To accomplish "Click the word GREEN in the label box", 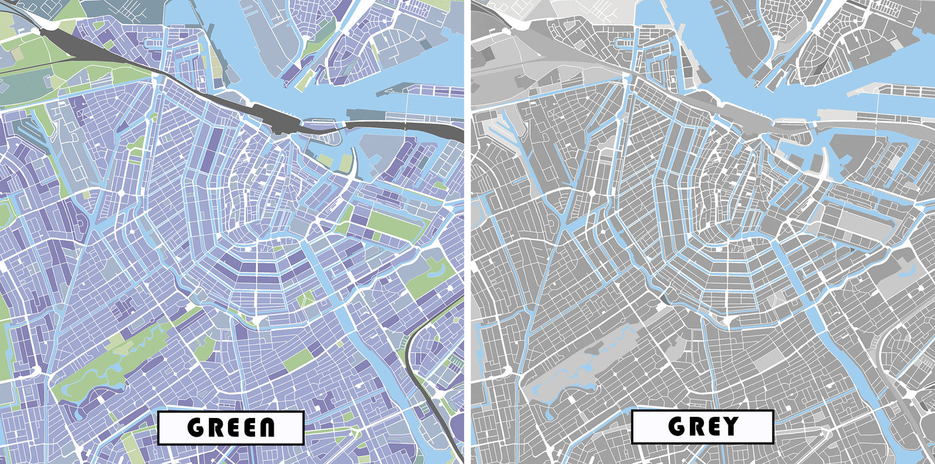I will coord(231,427).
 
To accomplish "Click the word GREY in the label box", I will coord(703,426).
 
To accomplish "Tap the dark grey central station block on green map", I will coord(278,120).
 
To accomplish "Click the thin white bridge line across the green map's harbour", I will coord(407,107).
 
